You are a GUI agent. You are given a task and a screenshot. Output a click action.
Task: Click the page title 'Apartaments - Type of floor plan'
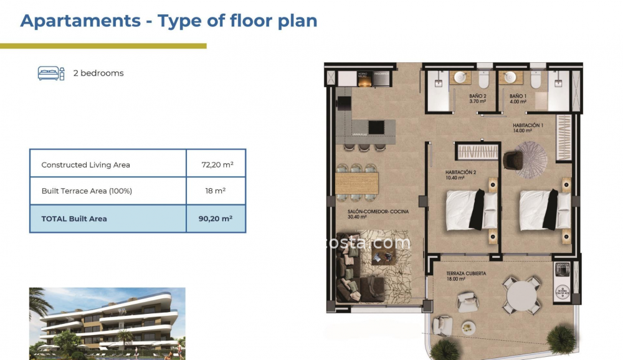pyautogui.click(x=169, y=21)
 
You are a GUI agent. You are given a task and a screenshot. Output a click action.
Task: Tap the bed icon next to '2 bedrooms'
pyautogui.click(x=51, y=73)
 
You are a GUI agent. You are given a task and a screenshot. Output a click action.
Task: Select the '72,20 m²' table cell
pyautogui.click(x=216, y=165)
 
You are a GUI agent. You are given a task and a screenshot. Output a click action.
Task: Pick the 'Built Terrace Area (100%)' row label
pyautogui.click(x=87, y=191)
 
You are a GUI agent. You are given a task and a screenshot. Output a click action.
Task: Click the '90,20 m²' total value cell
pyautogui.click(x=216, y=219)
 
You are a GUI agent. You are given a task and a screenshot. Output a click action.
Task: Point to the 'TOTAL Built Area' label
pyautogui.click(x=74, y=219)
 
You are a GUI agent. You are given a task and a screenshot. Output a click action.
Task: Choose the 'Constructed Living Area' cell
pyautogui.click(x=85, y=165)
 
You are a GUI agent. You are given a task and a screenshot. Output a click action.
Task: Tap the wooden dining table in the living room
pyautogui.click(x=357, y=182)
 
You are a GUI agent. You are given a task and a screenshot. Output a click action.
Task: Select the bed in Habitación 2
pyautogui.click(x=471, y=209)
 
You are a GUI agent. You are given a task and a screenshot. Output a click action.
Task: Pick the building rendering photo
pyautogui.click(x=107, y=323)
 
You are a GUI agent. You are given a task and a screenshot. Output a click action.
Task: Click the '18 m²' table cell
pyautogui.click(x=216, y=191)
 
